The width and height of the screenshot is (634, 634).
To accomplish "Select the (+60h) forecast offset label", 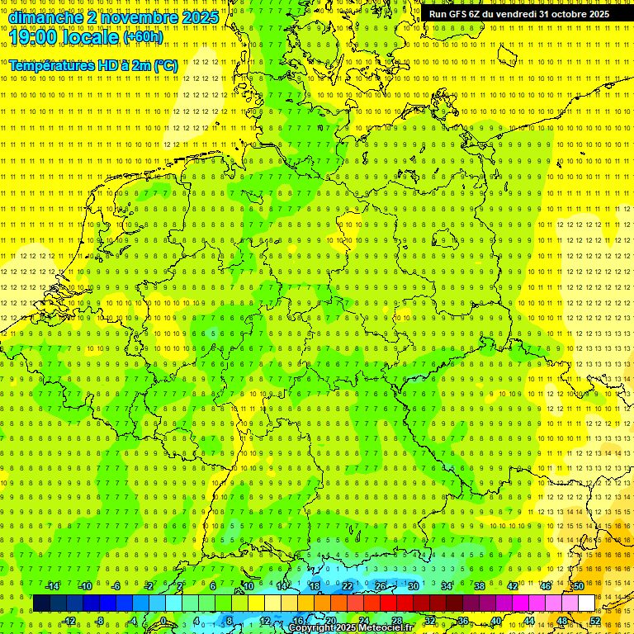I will pos(143,37).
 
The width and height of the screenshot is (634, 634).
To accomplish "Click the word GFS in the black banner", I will pos(458,14).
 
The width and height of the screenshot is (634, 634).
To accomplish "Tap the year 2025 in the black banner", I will pos(594,14).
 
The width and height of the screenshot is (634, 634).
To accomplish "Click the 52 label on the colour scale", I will pos(595,621).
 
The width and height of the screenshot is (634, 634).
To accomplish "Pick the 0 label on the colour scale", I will pos(163,621).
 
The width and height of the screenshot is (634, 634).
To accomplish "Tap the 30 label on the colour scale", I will pos(413,586).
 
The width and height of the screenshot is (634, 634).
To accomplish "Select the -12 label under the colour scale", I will pos(69,621).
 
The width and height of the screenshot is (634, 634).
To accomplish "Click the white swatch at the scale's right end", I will pos(586,603).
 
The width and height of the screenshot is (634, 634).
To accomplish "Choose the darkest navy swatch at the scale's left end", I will pos(41,603).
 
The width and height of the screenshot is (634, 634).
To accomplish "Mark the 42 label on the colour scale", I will pos(512,586).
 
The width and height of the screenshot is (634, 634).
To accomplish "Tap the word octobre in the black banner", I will pos(563,14).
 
